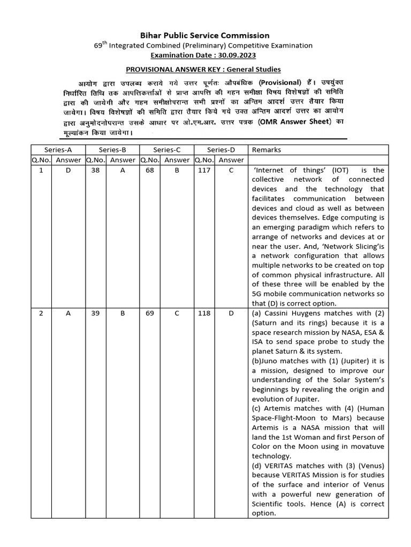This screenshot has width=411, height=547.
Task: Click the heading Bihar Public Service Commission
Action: click(205, 36)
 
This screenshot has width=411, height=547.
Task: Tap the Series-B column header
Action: click(113, 150)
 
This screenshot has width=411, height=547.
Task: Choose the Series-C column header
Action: click(166, 150)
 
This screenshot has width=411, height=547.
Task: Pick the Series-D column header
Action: click(220, 150)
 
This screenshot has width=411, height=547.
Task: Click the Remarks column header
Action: click(266, 150)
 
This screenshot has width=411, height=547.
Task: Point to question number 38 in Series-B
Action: click(95, 170)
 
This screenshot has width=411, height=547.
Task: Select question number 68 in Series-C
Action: click(150, 170)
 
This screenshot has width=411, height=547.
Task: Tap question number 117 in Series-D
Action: click(204, 170)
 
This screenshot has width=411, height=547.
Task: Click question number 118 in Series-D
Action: click(204, 313)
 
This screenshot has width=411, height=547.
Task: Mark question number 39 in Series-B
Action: click(95, 313)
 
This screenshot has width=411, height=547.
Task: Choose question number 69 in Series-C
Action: click(150, 313)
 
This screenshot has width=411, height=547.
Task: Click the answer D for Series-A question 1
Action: click(68, 170)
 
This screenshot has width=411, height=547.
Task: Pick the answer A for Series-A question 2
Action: click(68, 313)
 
